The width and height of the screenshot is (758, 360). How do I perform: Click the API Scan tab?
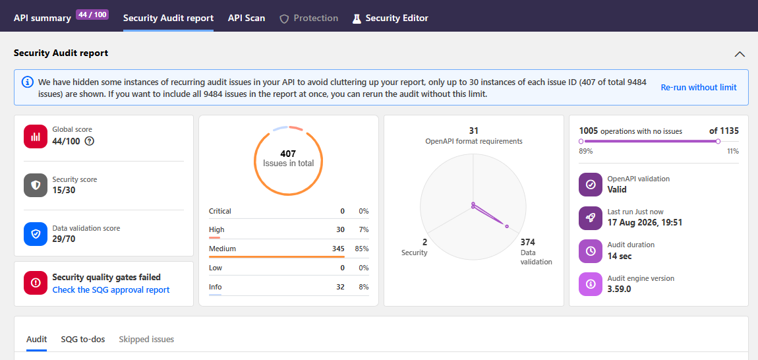(x=247, y=18)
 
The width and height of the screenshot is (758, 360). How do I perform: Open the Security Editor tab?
(x=391, y=18)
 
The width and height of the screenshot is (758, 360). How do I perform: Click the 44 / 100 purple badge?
(x=92, y=15)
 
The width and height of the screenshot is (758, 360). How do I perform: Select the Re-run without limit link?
(x=699, y=87)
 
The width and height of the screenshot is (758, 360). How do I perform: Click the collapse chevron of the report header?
(x=740, y=53)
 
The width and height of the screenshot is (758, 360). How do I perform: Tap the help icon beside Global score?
(x=89, y=141)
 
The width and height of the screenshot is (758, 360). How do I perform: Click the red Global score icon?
(x=36, y=136)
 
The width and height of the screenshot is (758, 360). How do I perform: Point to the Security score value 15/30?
(x=64, y=190)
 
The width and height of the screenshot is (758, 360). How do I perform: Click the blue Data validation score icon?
(x=36, y=234)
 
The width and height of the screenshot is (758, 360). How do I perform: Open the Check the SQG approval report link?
(x=111, y=290)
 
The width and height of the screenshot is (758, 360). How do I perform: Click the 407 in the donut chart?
(x=288, y=154)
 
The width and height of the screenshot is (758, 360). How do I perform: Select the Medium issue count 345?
(x=338, y=249)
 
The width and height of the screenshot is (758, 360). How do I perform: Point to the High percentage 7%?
(x=364, y=229)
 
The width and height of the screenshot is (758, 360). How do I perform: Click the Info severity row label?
(x=215, y=287)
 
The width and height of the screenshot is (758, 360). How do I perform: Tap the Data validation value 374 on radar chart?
(x=527, y=242)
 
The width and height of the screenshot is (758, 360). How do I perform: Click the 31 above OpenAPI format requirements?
(x=473, y=131)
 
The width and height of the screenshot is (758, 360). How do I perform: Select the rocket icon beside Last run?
(x=591, y=218)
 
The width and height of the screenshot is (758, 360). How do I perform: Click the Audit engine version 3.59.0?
(x=620, y=289)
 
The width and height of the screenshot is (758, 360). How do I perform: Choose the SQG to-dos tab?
(x=82, y=339)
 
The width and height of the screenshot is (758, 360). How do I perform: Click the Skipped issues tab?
(x=146, y=339)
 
